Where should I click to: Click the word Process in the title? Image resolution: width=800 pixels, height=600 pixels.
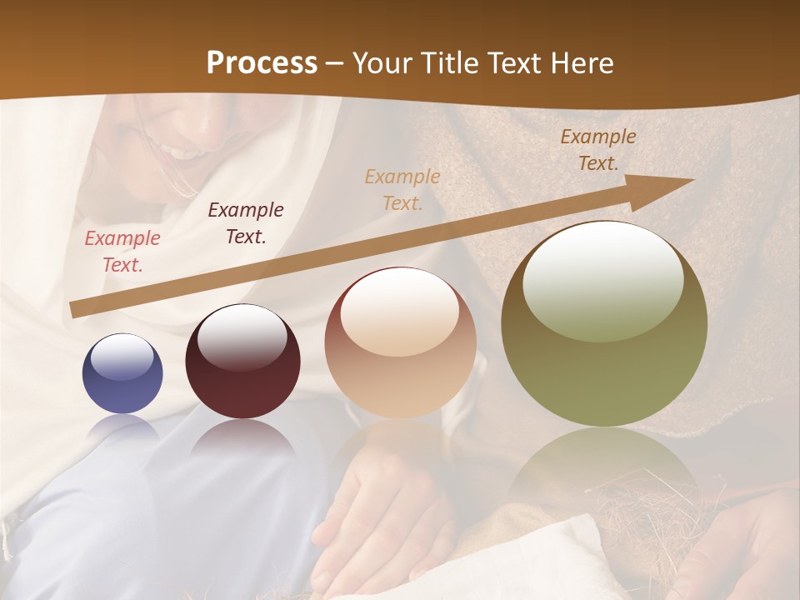tap(262, 63)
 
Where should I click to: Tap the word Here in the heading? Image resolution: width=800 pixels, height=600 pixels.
tap(583, 63)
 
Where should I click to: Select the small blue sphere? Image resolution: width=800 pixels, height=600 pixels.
tap(122, 373)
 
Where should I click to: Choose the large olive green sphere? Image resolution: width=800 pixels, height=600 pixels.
tap(604, 324)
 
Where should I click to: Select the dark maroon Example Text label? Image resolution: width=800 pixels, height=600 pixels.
tap(246, 223)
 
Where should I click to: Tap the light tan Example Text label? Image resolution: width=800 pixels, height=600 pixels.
tap(402, 190)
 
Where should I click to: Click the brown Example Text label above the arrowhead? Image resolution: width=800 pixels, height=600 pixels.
tap(598, 150)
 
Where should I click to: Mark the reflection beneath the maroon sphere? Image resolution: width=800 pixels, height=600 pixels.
tap(242, 437)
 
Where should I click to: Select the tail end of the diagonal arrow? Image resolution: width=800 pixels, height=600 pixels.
tap(78, 309)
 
